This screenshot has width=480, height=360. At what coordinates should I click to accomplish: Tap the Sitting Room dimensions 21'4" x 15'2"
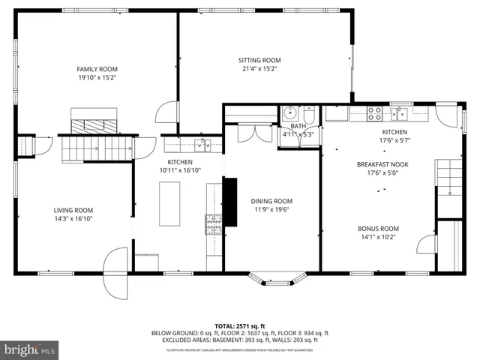click(259, 69)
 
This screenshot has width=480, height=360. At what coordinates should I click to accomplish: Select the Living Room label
click(73, 210)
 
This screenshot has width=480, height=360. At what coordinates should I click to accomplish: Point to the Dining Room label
click(271, 201)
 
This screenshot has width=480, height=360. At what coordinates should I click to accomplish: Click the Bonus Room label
click(379, 228)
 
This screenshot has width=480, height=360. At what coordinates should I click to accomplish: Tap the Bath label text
click(298, 126)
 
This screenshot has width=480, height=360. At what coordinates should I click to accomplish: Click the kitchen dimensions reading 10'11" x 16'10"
click(180, 171)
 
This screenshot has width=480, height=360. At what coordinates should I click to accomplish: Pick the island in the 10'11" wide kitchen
click(169, 204)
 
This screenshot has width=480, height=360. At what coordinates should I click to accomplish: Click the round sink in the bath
click(290, 114)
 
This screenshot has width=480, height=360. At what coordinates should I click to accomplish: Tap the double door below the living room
click(117, 272)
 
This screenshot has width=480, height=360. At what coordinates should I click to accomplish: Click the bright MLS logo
click(29, 350)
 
